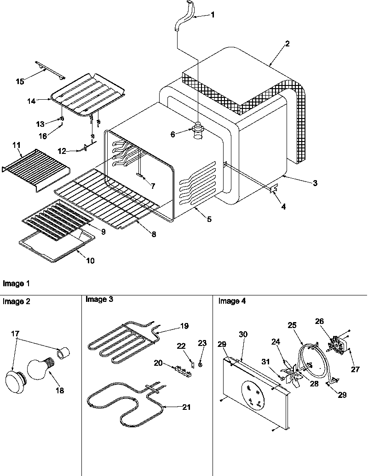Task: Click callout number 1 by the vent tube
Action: [x=213, y=14]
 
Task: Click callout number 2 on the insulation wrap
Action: [x=287, y=44]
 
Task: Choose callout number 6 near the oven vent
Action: [x=173, y=134]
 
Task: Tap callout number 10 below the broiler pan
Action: [x=90, y=261]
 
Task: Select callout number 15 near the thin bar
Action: [x=20, y=81]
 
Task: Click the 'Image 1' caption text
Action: [x=13, y=283]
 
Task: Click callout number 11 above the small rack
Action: [x=17, y=145]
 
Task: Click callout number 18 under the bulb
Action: [x=59, y=391]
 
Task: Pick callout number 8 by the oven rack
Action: [x=154, y=234]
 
